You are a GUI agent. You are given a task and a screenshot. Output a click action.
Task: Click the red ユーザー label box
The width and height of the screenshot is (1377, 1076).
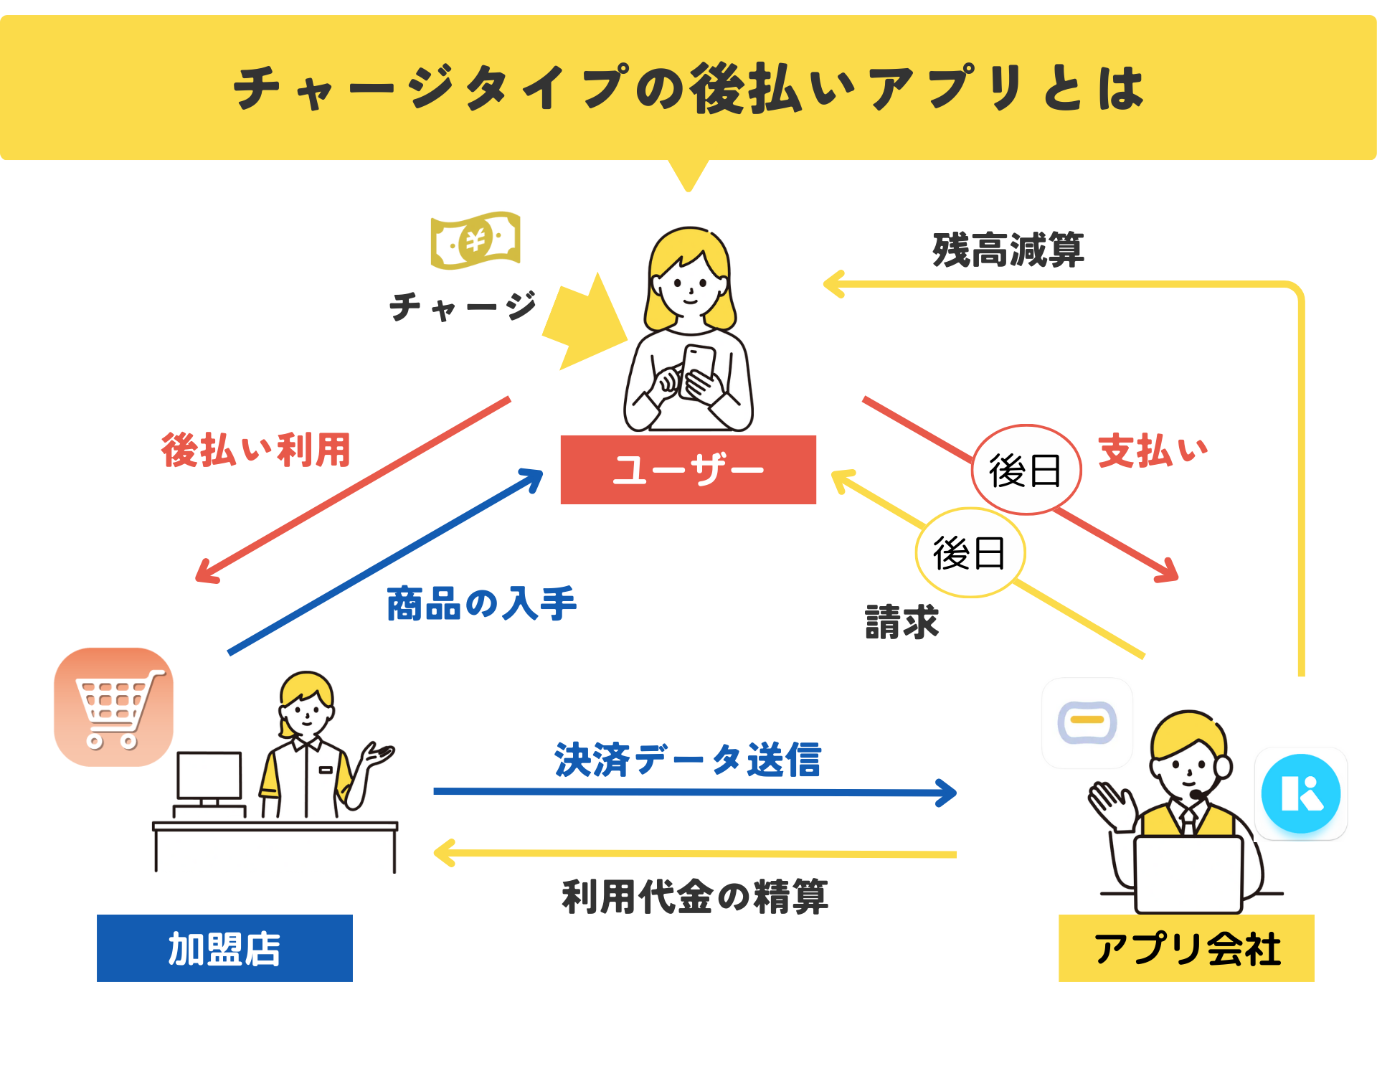tap(688, 470)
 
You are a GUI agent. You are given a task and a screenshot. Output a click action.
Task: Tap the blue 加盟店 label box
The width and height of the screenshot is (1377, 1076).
tap(224, 948)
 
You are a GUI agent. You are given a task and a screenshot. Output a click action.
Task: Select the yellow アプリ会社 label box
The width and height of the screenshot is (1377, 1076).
tap(1186, 948)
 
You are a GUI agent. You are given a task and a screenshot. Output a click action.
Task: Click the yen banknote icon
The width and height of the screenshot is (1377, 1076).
tap(475, 240)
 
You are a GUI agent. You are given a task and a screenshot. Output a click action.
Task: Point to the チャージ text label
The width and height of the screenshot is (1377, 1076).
tap(463, 307)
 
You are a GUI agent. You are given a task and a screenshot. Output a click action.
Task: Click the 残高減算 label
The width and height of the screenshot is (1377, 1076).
tap(1008, 250)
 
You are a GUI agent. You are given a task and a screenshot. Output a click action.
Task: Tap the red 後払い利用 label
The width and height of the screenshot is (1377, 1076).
tap(256, 450)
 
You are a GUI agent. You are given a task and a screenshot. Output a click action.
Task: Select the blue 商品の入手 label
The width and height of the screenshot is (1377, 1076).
tap(481, 603)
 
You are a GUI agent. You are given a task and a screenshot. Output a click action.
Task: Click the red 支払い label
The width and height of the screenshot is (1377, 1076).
tap(1153, 451)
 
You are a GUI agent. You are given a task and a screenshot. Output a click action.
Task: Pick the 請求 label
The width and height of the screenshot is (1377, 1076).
tap(902, 622)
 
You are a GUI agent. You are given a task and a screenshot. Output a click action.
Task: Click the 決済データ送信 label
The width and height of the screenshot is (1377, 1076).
tap(688, 760)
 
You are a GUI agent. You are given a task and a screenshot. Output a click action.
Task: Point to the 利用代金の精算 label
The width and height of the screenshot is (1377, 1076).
tap(695, 897)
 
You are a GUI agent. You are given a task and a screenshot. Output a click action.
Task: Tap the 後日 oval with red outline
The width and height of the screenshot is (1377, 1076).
tap(1026, 470)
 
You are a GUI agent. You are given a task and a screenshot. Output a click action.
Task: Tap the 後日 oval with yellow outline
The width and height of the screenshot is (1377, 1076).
tap(970, 552)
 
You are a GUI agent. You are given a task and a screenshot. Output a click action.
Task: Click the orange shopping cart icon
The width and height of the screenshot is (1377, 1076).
tap(113, 707)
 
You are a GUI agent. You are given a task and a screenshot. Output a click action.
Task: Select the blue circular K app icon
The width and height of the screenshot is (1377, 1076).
tap(1300, 793)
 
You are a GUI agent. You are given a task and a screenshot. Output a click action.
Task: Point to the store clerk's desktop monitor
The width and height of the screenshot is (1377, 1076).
tap(209, 776)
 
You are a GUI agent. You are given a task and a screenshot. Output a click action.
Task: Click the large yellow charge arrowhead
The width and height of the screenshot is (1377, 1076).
tap(585, 323)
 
